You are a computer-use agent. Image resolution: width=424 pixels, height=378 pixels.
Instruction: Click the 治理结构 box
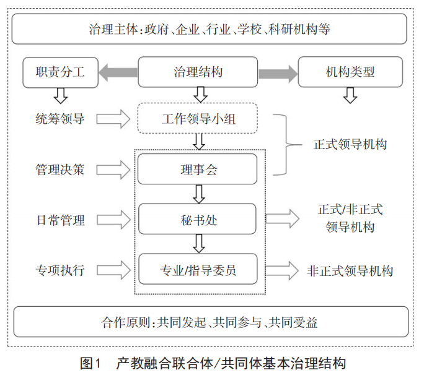point(198,72)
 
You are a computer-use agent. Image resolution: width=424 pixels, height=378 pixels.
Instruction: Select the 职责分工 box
point(61,72)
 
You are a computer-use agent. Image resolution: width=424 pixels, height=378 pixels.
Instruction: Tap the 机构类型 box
point(350,72)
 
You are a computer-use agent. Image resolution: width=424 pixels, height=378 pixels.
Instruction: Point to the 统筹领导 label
point(60,118)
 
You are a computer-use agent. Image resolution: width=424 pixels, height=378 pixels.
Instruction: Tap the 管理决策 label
point(60,169)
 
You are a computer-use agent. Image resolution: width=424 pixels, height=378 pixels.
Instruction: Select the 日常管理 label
point(60,220)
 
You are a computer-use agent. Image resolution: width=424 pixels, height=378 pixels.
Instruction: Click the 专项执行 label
point(60,270)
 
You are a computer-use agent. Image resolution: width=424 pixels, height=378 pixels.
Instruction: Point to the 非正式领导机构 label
point(350,271)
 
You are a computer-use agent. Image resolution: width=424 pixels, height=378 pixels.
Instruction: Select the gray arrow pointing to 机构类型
point(277,72)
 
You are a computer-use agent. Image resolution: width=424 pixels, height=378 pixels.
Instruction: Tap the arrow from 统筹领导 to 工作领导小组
point(113,118)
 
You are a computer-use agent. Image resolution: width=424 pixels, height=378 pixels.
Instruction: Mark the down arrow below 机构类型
point(350,95)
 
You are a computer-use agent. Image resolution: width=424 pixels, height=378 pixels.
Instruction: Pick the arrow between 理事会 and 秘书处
point(198,194)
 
